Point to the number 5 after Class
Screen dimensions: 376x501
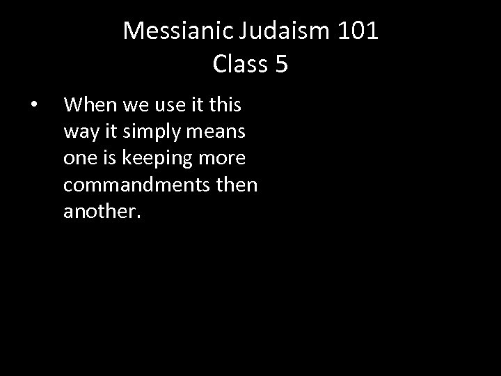tap(281, 64)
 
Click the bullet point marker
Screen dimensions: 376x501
tap(33, 106)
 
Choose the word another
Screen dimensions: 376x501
tap(102, 212)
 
